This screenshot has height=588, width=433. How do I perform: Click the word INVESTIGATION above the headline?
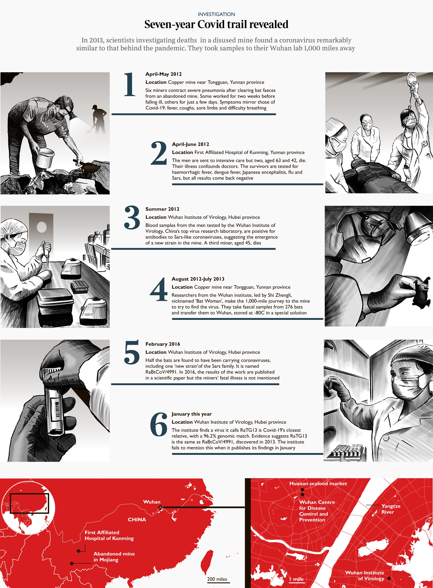pyautogui.click(x=216, y=14)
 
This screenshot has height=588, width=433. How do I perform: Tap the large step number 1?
pyautogui.click(x=130, y=84)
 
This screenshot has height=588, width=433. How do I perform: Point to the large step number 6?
pyautogui.click(x=159, y=424)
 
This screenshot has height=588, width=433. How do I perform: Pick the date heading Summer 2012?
pyautogui.click(x=162, y=209)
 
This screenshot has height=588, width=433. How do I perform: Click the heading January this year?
pyautogui.click(x=192, y=414)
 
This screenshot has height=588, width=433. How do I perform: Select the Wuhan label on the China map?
pyautogui.click(x=152, y=502)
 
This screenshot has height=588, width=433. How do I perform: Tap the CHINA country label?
pyautogui.click(x=137, y=520)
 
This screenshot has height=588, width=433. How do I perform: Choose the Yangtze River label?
pyautogui.click(x=391, y=509)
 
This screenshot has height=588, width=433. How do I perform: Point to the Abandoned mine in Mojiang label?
pyautogui.click(x=114, y=557)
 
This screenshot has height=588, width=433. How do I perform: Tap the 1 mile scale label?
pyautogui.click(x=296, y=579)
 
